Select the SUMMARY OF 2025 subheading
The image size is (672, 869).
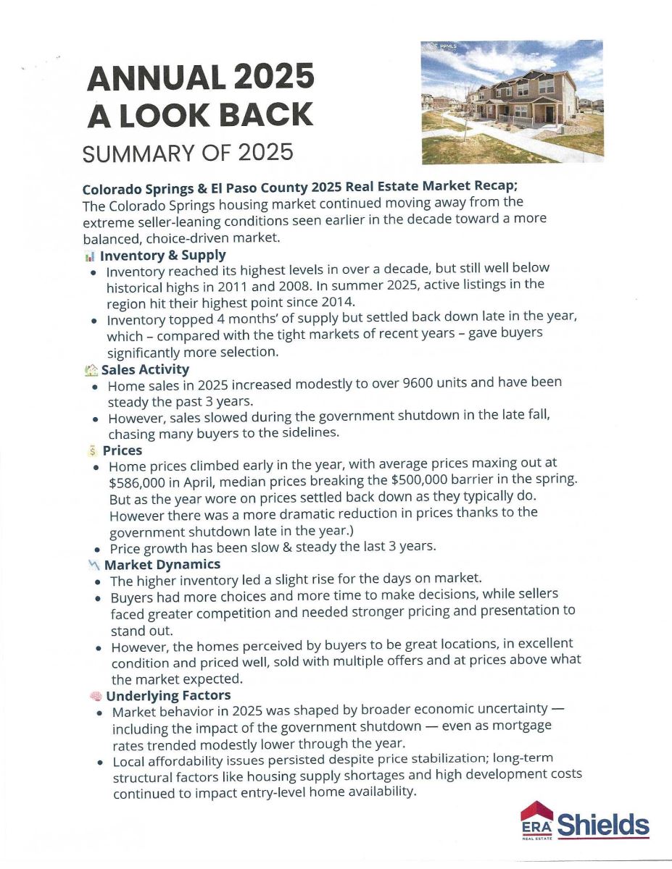pyautogui.click(x=188, y=153)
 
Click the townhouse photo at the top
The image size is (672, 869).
pyautogui.click(x=512, y=101)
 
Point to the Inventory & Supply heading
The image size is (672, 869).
pyautogui.click(x=163, y=255)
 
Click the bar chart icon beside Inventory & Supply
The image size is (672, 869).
pyautogui.click(x=90, y=256)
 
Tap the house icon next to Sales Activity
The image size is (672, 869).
pyautogui.click(x=91, y=370)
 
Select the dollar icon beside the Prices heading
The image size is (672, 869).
pyautogui.click(x=91, y=450)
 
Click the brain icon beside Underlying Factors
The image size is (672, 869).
pyautogui.click(x=94, y=696)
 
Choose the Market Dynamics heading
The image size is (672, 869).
pyautogui.click(x=162, y=564)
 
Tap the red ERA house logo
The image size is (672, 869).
pyautogui.click(x=537, y=820)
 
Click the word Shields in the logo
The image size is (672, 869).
pyautogui.click(x=603, y=825)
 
